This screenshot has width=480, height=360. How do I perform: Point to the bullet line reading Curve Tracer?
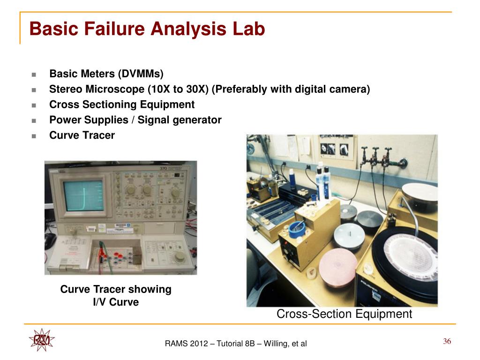pyautogui.click(x=82, y=135)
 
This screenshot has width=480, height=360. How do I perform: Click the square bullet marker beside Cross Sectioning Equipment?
pyautogui.click(x=34, y=105)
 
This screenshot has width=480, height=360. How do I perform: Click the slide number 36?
pyautogui.click(x=447, y=341)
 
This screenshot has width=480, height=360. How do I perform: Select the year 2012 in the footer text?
pyautogui.click(x=199, y=344)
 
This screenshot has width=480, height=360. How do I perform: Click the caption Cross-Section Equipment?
pyautogui.click(x=344, y=314)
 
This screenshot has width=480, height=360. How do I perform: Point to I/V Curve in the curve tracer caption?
pyautogui.click(x=116, y=302)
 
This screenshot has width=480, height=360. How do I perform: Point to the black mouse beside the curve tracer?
pyautogui.click(x=50, y=241)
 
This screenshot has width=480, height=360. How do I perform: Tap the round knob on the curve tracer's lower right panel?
pyautogui.click(x=180, y=256)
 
